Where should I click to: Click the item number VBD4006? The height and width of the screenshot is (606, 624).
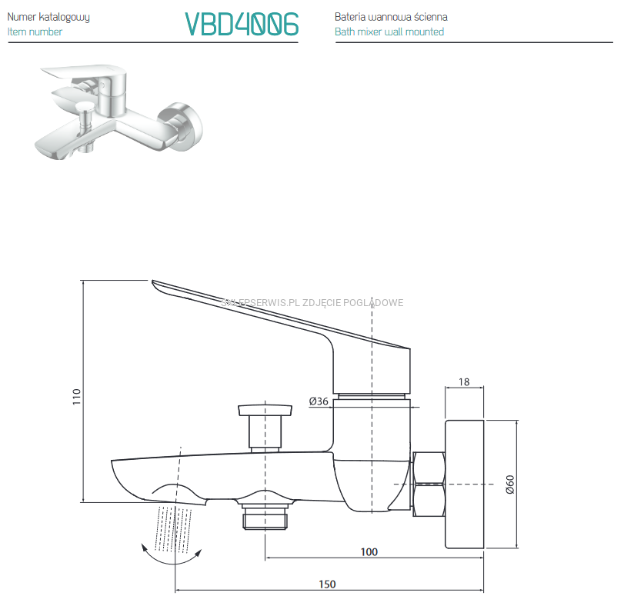[242, 25]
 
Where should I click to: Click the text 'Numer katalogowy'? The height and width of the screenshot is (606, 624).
[48, 17]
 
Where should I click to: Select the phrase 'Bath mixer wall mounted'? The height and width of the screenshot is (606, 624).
[389, 32]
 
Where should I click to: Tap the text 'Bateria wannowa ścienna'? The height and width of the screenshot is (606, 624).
[391, 17]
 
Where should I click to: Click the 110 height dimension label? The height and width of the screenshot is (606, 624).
[75, 397]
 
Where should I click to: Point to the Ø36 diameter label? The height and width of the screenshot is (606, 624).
[319, 401]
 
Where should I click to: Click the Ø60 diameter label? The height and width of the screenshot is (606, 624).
[509, 484]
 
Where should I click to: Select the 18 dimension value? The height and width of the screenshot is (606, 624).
[464, 381]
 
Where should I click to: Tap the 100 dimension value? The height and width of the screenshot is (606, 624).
[369, 551]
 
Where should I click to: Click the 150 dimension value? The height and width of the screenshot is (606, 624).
[327, 584]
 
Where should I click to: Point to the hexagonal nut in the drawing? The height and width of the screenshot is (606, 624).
[429, 484]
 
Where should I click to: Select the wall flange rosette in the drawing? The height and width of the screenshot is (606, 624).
[464, 484]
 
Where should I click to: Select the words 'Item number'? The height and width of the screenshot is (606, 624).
[35, 32]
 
